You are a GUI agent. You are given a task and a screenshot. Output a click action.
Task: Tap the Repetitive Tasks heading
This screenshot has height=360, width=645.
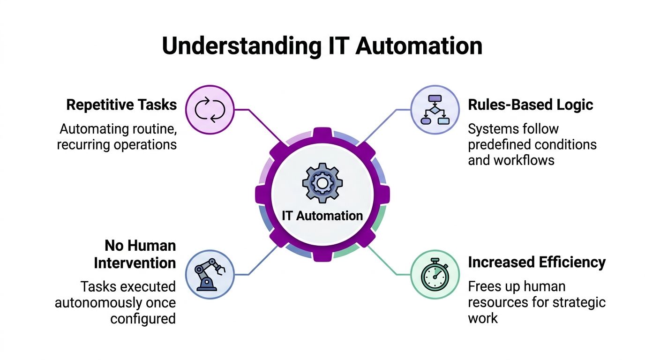pos(121,105)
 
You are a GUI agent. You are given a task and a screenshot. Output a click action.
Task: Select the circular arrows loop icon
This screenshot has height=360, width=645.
pos(210,110)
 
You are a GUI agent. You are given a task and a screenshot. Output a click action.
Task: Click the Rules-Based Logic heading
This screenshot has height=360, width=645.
pos(531,105)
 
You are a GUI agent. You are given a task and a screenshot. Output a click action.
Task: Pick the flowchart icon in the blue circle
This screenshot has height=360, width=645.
pos(435,110)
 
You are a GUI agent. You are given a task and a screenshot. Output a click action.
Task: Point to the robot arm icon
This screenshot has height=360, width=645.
pos(210,274)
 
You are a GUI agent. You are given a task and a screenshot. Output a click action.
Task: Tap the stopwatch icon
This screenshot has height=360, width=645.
pos(435,274)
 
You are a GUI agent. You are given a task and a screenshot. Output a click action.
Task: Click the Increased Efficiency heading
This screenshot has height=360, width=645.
pos(537,262)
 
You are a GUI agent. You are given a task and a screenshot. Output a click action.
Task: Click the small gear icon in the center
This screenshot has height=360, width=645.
pos(322,183)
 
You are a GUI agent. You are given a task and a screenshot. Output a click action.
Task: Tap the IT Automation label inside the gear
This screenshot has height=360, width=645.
pos(322,216)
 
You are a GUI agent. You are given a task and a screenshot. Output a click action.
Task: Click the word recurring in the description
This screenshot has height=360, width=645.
pos(83,144)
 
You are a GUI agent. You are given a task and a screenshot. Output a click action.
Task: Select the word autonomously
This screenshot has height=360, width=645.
pos(108,302)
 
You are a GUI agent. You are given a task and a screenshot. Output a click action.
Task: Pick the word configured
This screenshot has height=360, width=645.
pos(143,319)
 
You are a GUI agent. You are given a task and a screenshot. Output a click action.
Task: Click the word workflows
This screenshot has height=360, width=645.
pos(525,160)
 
